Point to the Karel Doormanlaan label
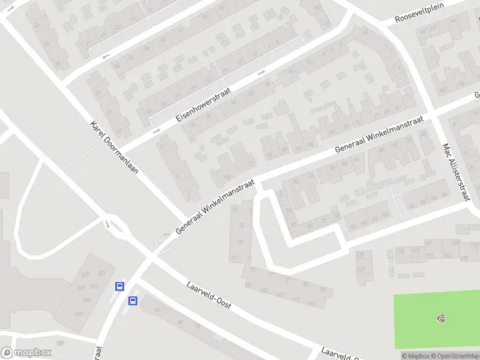(x=114, y=148)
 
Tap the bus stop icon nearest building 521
(x=119, y=286)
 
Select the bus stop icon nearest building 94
(x=133, y=301)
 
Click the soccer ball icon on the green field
(x=442, y=317)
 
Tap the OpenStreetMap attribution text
(x=454, y=356)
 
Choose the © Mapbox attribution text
(x=415, y=356)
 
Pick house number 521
(x=101, y=274)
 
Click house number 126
(x=360, y=255)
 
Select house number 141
(x=428, y=243)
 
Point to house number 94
(x=158, y=310)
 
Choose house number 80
(x=179, y=322)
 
